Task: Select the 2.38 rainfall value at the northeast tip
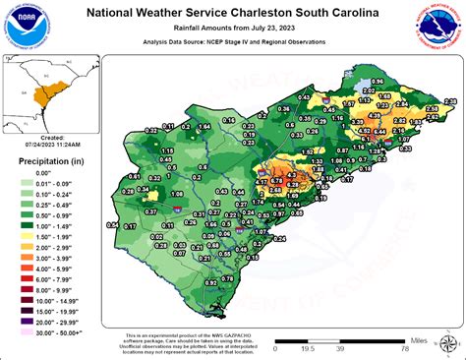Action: (x=450, y=101)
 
